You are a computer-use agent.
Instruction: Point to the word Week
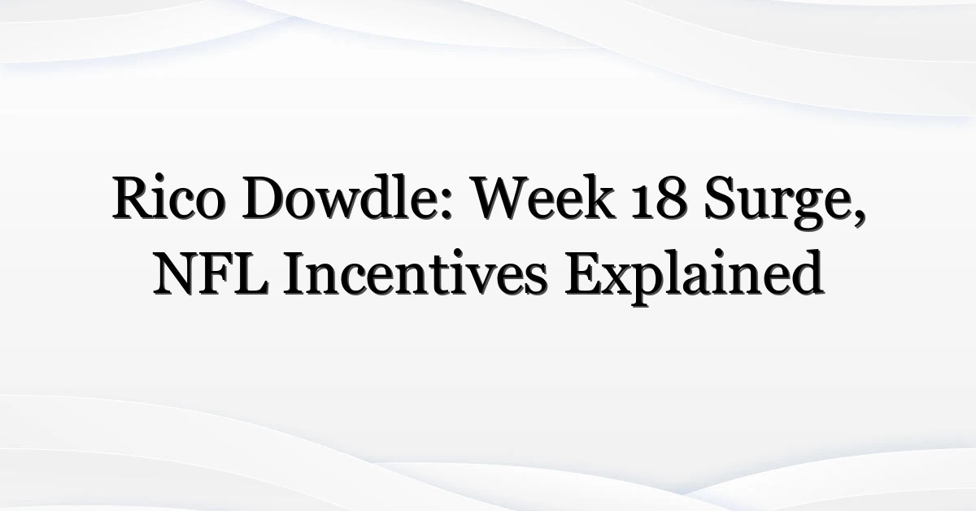point(545,197)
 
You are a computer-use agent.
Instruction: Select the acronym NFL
point(211,273)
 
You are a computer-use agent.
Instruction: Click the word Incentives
point(415,273)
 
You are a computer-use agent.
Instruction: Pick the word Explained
point(694,277)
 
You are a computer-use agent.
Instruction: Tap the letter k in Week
point(599,196)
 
